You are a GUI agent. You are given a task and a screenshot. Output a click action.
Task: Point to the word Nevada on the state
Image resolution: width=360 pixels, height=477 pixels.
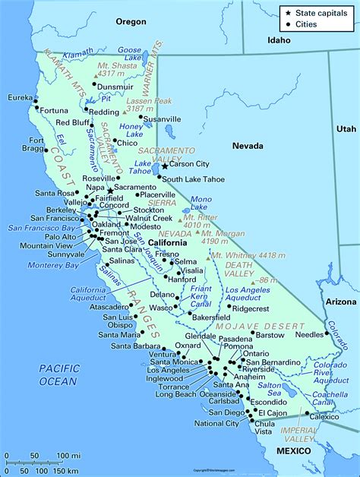pos(248,146)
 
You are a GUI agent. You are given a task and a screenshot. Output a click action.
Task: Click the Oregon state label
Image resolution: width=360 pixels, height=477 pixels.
pos(130,22)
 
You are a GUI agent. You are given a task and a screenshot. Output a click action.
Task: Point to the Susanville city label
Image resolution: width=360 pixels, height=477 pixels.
pos(163,120)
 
